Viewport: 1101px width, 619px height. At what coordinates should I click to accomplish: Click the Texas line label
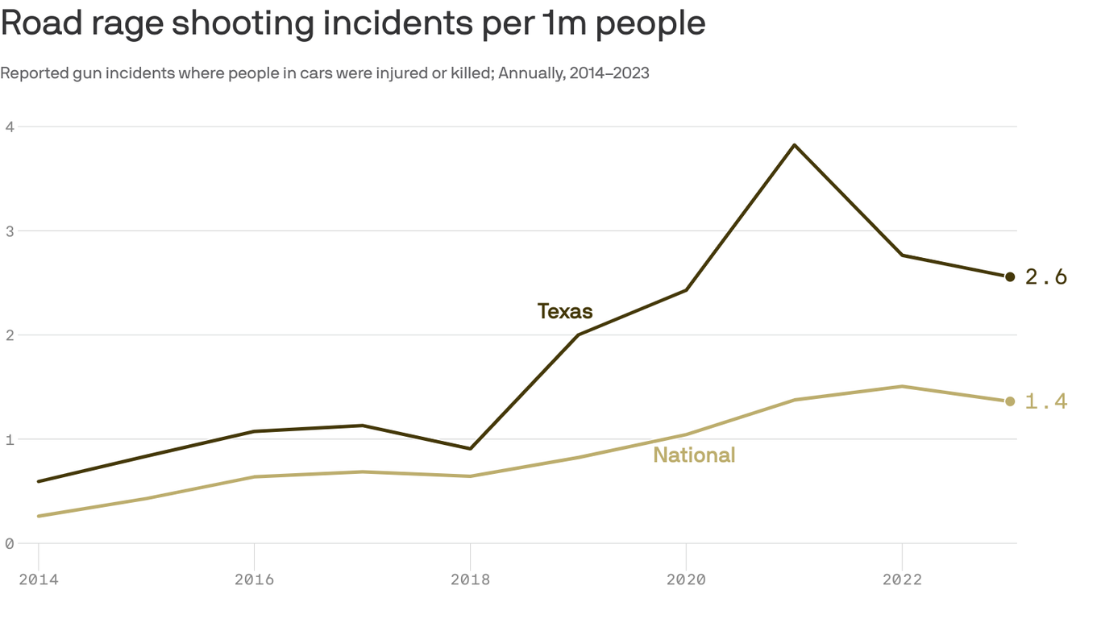coord(565,311)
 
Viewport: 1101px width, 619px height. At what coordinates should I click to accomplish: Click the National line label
coord(694,455)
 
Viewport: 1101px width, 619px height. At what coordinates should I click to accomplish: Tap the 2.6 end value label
coord(1046,277)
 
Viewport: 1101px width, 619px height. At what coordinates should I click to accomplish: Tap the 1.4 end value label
coord(1046,401)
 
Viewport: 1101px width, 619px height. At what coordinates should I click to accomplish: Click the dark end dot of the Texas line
coord(1010,276)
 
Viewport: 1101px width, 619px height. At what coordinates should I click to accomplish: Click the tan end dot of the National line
coord(1010,401)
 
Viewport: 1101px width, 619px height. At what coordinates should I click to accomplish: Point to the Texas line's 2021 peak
coord(794,145)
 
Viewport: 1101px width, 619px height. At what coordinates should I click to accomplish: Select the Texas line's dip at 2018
coord(470,448)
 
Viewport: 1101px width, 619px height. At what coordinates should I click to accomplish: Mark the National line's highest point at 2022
coord(902,386)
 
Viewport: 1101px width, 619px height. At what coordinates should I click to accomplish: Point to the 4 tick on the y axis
coord(10,127)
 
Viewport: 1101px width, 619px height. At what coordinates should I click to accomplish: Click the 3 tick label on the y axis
coord(10,231)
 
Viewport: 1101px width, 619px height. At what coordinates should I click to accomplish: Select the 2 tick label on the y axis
coord(10,334)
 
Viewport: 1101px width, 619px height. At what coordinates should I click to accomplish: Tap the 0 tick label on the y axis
coord(10,543)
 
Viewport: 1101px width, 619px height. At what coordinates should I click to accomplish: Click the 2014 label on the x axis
coord(38,579)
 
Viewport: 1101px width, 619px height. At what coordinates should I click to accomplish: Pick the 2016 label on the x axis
coord(254,579)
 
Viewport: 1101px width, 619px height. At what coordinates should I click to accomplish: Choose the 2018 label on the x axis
coord(470,579)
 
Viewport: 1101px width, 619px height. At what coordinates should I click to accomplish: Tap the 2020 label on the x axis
coord(686,579)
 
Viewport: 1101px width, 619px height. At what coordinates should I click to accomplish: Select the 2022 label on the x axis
coord(902,579)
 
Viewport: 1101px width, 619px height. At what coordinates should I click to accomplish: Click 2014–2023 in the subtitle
coord(609,73)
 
